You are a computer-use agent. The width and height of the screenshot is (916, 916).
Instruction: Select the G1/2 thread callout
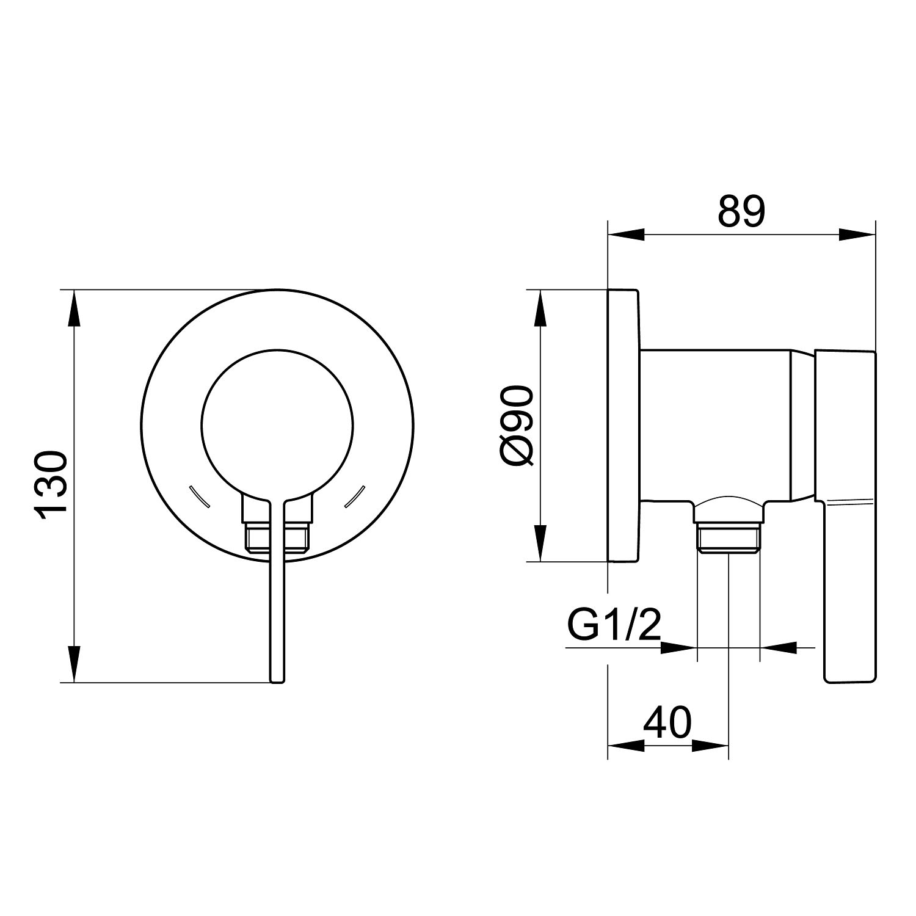pyautogui.click(x=614, y=623)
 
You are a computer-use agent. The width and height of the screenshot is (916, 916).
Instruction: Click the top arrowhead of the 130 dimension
pyautogui.click(x=73, y=309)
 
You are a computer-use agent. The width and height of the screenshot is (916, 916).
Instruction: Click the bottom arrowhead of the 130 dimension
pyautogui.click(x=73, y=663)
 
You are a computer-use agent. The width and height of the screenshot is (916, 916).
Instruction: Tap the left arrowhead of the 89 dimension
pyautogui.click(x=627, y=234)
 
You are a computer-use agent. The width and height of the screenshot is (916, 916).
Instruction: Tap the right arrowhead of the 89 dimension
pyautogui.click(x=857, y=234)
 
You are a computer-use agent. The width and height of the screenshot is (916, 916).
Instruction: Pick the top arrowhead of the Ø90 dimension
pyautogui.click(x=539, y=309)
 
